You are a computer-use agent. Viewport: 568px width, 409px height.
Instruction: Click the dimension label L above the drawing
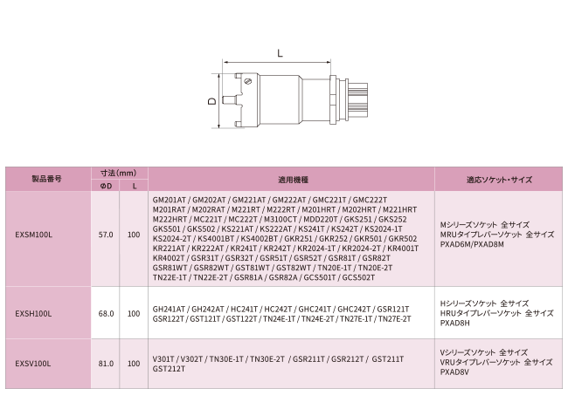[x=280, y=53]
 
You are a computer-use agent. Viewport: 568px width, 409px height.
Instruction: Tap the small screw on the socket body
[x=251, y=82]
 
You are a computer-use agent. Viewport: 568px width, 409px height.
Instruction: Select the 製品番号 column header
[x=46, y=178]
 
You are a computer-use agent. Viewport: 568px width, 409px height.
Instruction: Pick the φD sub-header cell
[x=105, y=186]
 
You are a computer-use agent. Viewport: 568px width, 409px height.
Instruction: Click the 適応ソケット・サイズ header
[x=498, y=178]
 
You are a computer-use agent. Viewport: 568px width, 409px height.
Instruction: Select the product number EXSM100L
[x=35, y=235]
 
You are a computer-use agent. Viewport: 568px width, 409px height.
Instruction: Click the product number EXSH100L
[x=35, y=313]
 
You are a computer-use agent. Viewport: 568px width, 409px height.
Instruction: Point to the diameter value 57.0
[x=105, y=235]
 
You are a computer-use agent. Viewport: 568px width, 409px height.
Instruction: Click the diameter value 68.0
[x=105, y=313]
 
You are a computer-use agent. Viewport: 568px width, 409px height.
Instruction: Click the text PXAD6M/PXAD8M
[x=472, y=245]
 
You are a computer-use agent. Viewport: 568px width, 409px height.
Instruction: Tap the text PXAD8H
[x=454, y=323]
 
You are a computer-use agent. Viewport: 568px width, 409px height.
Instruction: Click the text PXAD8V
[x=454, y=372]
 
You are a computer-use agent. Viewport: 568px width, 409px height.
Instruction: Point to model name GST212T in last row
[x=168, y=369]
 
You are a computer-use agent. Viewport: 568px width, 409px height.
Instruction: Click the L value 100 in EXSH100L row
[x=134, y=313]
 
